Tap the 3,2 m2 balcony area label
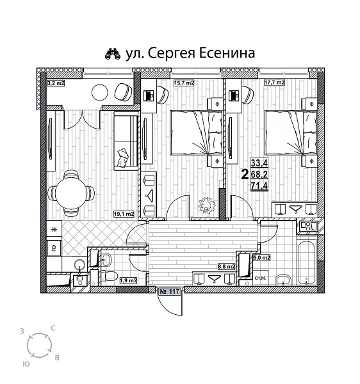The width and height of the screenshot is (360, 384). (x=56, y=83)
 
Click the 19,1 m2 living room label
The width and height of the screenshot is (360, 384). (x=124, y=214)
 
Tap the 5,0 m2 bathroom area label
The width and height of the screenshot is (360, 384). (x=263, y=257)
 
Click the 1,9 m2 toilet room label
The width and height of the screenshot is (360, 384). (x=129, y=280)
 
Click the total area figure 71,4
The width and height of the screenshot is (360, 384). (x=259, y=184)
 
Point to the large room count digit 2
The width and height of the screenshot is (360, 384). (x=243, y=173)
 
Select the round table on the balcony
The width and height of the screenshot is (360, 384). (x=100, y=92)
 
